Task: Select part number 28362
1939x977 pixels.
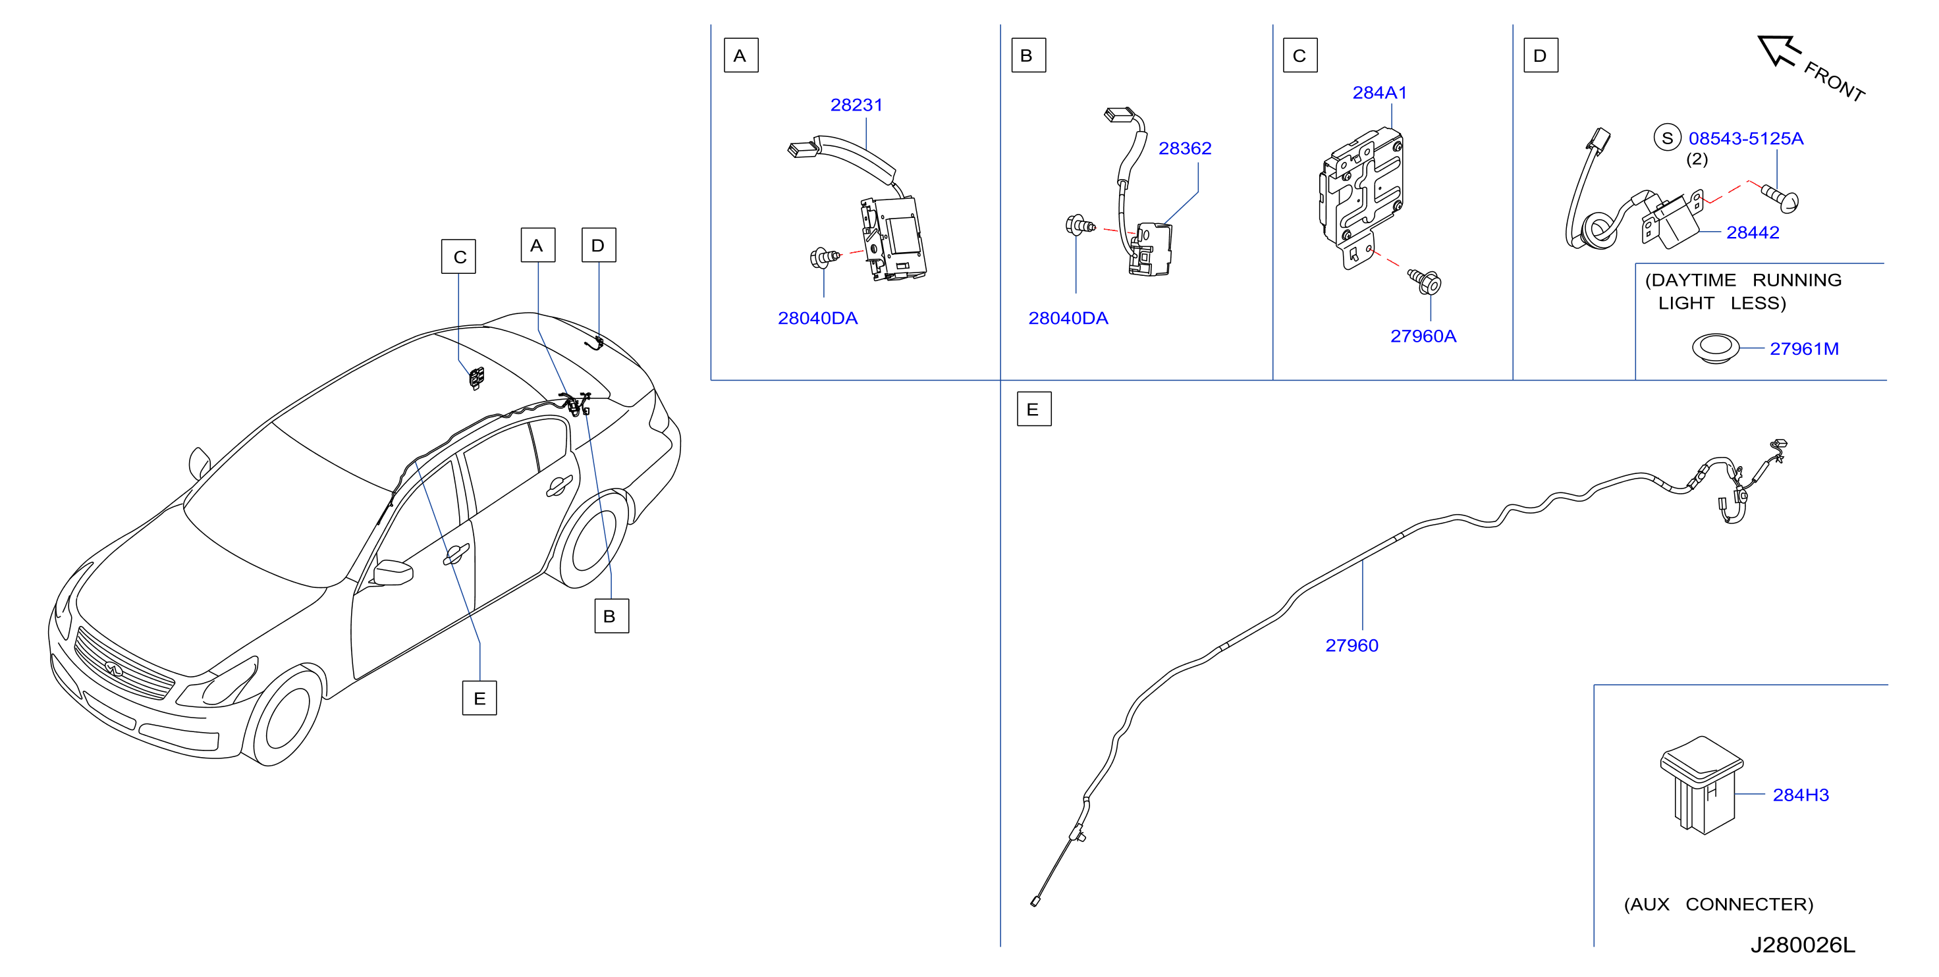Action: pyautogui.click(x=1185, y=148)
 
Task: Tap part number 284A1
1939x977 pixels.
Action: pyautogui.click(x=1379, y=93)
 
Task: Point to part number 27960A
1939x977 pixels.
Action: pyautogui.click(x=1423, y=336)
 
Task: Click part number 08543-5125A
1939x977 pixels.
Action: pyautogui.click(x=1745, y=138)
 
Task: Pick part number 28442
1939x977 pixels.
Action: pyautogui.click(x=1753, y=232)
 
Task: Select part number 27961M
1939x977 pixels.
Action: pyautogui.click(x=1803, y=348)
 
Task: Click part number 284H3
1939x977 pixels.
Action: pyautogui.click(x=1801, y=795)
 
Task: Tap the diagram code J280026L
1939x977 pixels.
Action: pyautogui.click(x=1802, y=945)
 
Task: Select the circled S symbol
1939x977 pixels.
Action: pyautogui.click(x=1667, y=138)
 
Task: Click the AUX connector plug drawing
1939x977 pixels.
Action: pyautogui.click(x=1702, y=785)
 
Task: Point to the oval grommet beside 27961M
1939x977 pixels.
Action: pyautogui.click(x=1716, y=348)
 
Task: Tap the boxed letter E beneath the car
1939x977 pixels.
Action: pyautogui.click(x=479, y=699)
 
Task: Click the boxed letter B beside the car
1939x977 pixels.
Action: pyautogui.click(x=611, y=616)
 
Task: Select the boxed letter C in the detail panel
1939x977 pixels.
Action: pyautogui.click(x=1300, y=56)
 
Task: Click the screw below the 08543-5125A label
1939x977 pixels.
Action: pyautogui.click(x=1782, y=198)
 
